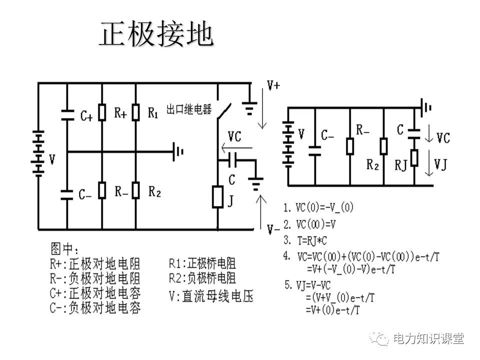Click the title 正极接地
point(157,35)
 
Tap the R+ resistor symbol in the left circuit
point(102,113)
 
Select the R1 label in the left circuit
point(153,113)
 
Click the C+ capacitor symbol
point(67,114)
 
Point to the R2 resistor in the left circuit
point(135,190)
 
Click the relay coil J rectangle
point(218,196)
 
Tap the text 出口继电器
point(189,109)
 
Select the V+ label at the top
point(274,86)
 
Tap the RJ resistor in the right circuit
point(414,158)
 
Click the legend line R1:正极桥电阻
point(202,263)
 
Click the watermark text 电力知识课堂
point(429,338)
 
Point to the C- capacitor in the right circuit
point(315,148)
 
